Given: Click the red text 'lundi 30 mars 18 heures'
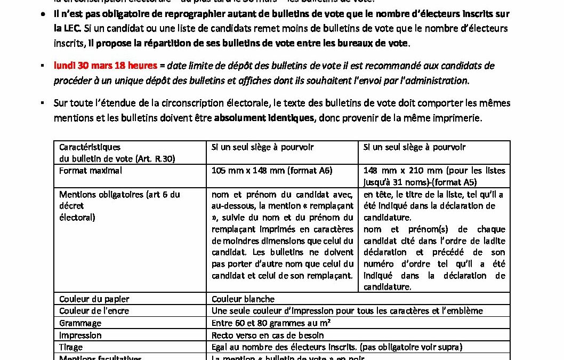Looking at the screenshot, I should pos(106,66).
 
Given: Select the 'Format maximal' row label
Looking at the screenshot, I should pos(91,171).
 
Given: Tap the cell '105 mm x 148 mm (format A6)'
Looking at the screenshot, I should pos(272,171).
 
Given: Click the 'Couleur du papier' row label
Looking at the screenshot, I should pos(94,299).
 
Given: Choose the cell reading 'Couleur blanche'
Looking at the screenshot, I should pos(243,299).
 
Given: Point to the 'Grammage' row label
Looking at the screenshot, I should pos(80,323).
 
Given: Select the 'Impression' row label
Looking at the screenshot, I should pos(80,335).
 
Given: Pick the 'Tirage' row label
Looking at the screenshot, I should pos(71,347).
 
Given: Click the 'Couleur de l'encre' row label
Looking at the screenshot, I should pos(94,311).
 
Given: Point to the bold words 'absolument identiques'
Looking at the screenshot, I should pos(264,118).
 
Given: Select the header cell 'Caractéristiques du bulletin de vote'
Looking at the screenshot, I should pos(117,153).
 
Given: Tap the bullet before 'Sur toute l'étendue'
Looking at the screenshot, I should pos(42,102).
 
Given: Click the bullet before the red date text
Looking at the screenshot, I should pos(42,66).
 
